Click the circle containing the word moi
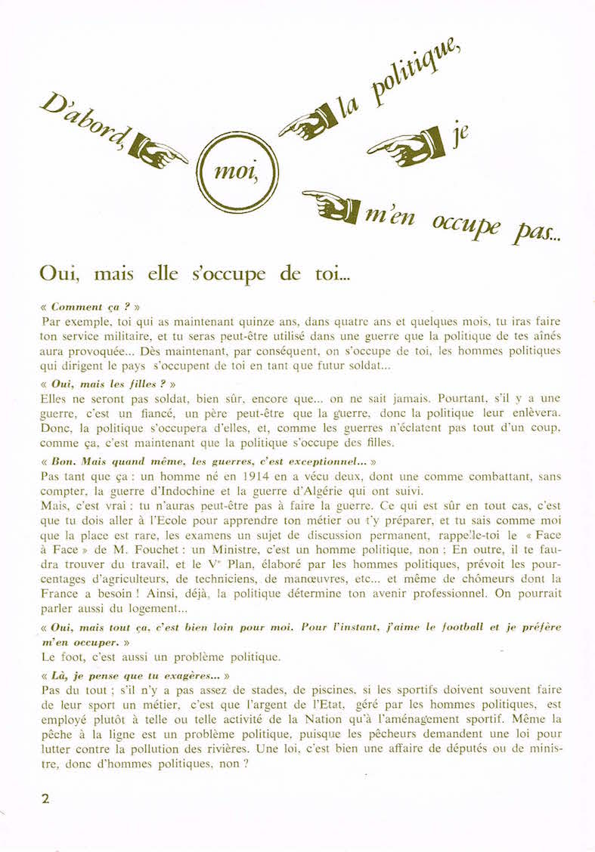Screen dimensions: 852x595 click(237, 172)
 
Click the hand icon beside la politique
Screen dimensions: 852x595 click(308, 122)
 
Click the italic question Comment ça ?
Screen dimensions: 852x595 click(90, 307)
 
